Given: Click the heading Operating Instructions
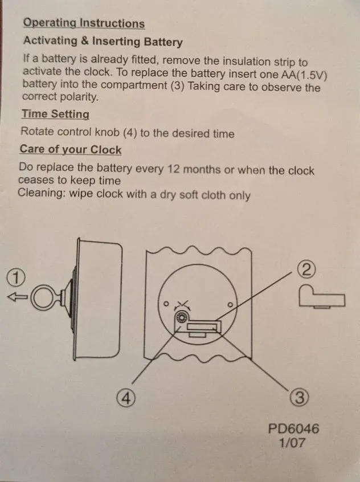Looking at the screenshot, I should (x=83, y=23).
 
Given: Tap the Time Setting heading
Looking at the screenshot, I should (x=55, y=114).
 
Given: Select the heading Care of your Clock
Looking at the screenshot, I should (x=70, y=149).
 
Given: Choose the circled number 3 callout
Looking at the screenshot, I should (x=300, y=397).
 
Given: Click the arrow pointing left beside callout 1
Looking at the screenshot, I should (x=17, y=296).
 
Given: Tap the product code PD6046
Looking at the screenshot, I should (x=293, y=428).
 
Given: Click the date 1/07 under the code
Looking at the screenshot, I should (x=293, y=443).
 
